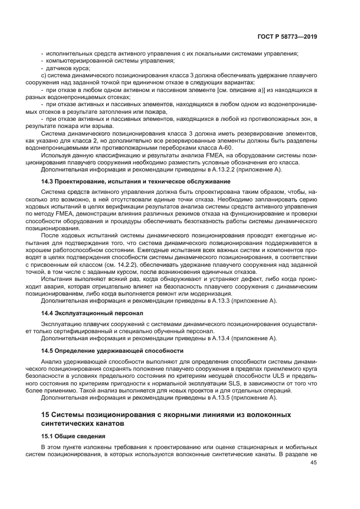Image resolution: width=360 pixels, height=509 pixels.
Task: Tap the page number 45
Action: point(313,463)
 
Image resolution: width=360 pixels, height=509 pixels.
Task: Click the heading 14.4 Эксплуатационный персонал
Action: point(92,314)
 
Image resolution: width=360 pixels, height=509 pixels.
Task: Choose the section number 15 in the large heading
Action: point(47,415)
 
